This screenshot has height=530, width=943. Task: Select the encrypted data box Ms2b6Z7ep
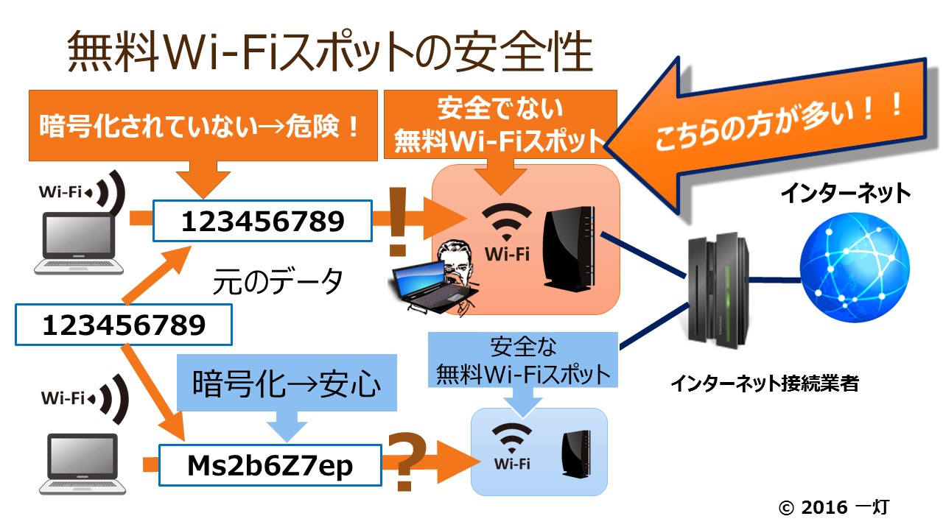tap(270, 465)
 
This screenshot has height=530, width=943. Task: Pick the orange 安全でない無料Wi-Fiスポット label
tap(499, 125)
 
